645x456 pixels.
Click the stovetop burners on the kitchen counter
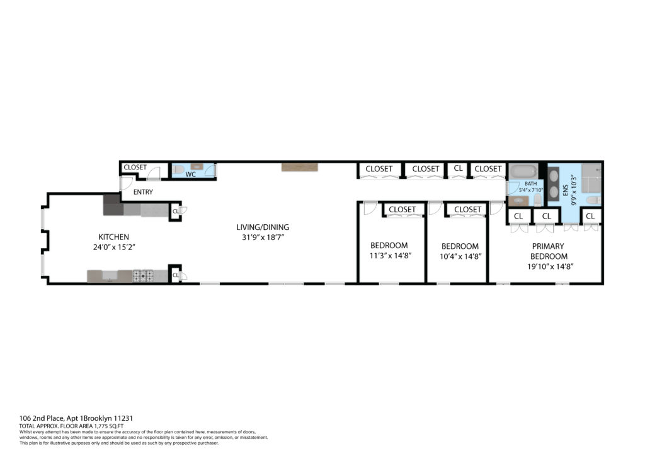pyautogui.click(x=142, y=275)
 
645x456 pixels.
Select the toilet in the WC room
pyautogui.click(x=178, y=170)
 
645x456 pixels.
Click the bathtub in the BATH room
pyautogui.click(x=523, y=171)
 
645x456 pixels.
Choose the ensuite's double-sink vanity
pyautogui.click(x=554, y=184)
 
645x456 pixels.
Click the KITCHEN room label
pyautogui.click(x=113, y=237)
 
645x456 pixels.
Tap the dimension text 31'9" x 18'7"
pyautogui.click(x=258, y=237)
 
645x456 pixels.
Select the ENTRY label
pyautogui.click(x=143, y=192)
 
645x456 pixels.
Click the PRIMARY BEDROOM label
pyautogui.click(x=549, y=251)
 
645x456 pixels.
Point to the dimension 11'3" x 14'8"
pyautogui.click(x=389, y=256)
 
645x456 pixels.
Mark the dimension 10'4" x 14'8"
pyautogui.click(x=459, y=256)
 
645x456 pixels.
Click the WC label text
pyautogui.click(x=190, y=174)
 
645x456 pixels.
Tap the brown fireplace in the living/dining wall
pyautogui.click(x=300, y=168)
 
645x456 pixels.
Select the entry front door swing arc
pyautogui.click(x=126, y=183)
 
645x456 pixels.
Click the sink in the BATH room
pyautogui.click(x=519, y=202)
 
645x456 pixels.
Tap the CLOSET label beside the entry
pyautogui.click(x=135, y=168)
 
